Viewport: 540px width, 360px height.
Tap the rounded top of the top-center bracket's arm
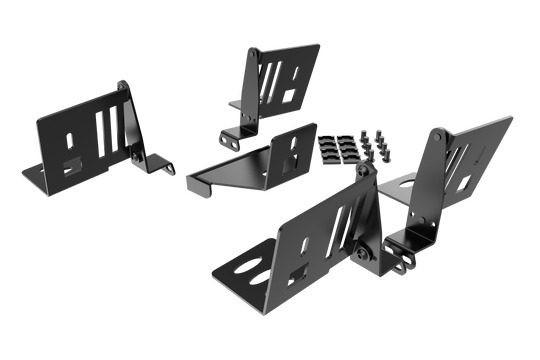(x=254, y=51)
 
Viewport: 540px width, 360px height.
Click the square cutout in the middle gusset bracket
(x=291, y=159)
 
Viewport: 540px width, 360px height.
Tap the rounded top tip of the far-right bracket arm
(x=439, y=132)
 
